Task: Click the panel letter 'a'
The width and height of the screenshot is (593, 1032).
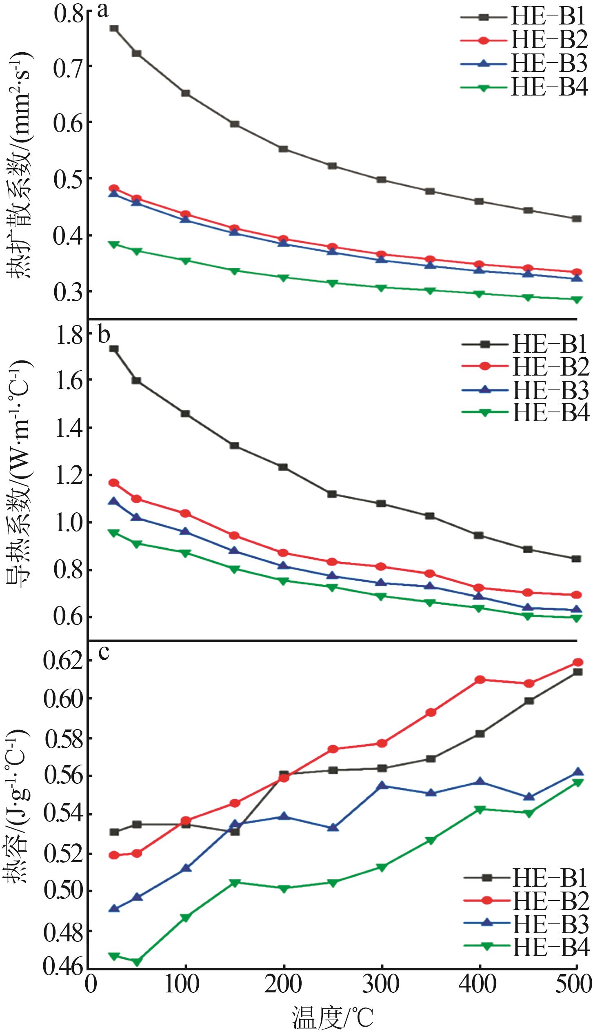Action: (103, 10)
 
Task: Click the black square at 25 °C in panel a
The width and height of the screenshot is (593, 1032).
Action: (114, 29)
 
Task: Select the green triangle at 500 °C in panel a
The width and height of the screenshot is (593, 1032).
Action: (577, 299)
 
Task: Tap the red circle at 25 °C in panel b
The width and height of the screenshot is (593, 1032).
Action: (114, 483)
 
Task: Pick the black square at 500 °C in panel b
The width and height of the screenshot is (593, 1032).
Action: (576, 559)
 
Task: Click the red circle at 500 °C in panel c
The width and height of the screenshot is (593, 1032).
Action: (577, 662)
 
